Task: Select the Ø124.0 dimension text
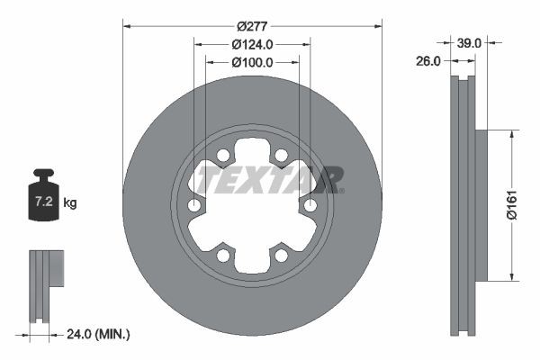(x=251, y=44)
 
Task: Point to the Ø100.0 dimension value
(x=251, y=62)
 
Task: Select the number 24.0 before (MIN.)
(x=82, y=334)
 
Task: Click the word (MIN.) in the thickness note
(x=113, y=334)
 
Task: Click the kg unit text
(x=70, y=203)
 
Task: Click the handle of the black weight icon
(x=43, y=174)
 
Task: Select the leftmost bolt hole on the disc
(x=193, y=206)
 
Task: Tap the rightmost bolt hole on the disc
(x=310, y=206)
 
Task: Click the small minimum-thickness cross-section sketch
(x=45, y=283)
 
